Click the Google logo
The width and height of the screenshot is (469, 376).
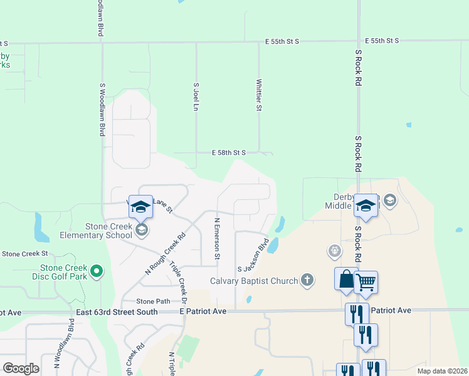[20, 368]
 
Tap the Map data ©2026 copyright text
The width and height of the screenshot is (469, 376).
[443, 371]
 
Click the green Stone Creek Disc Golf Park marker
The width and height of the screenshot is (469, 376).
[96, 271]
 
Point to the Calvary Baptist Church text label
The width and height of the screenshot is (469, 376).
[254, 281]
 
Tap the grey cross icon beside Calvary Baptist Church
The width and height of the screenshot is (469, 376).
[307, 279]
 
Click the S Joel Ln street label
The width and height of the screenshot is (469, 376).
[196, 98]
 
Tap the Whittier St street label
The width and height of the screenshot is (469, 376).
[259, 95]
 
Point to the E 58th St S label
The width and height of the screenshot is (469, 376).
[228, 152]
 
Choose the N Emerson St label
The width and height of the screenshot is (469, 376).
[217, 238]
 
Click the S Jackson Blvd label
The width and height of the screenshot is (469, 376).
[253, 254]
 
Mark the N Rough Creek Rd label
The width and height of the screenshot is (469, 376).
[166, 254]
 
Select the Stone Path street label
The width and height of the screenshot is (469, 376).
[154, 301]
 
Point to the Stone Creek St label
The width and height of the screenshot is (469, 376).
[25, 253]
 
